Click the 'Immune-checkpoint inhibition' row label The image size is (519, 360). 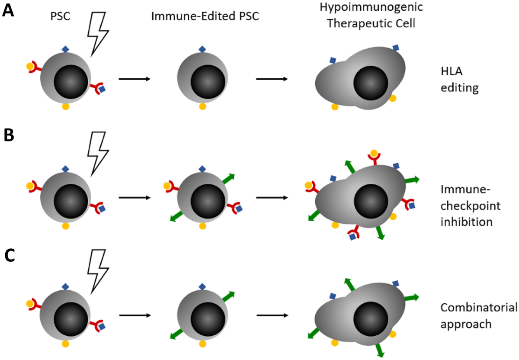[x=465, y=206]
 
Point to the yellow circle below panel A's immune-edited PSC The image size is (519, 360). [x=202, y=106]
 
